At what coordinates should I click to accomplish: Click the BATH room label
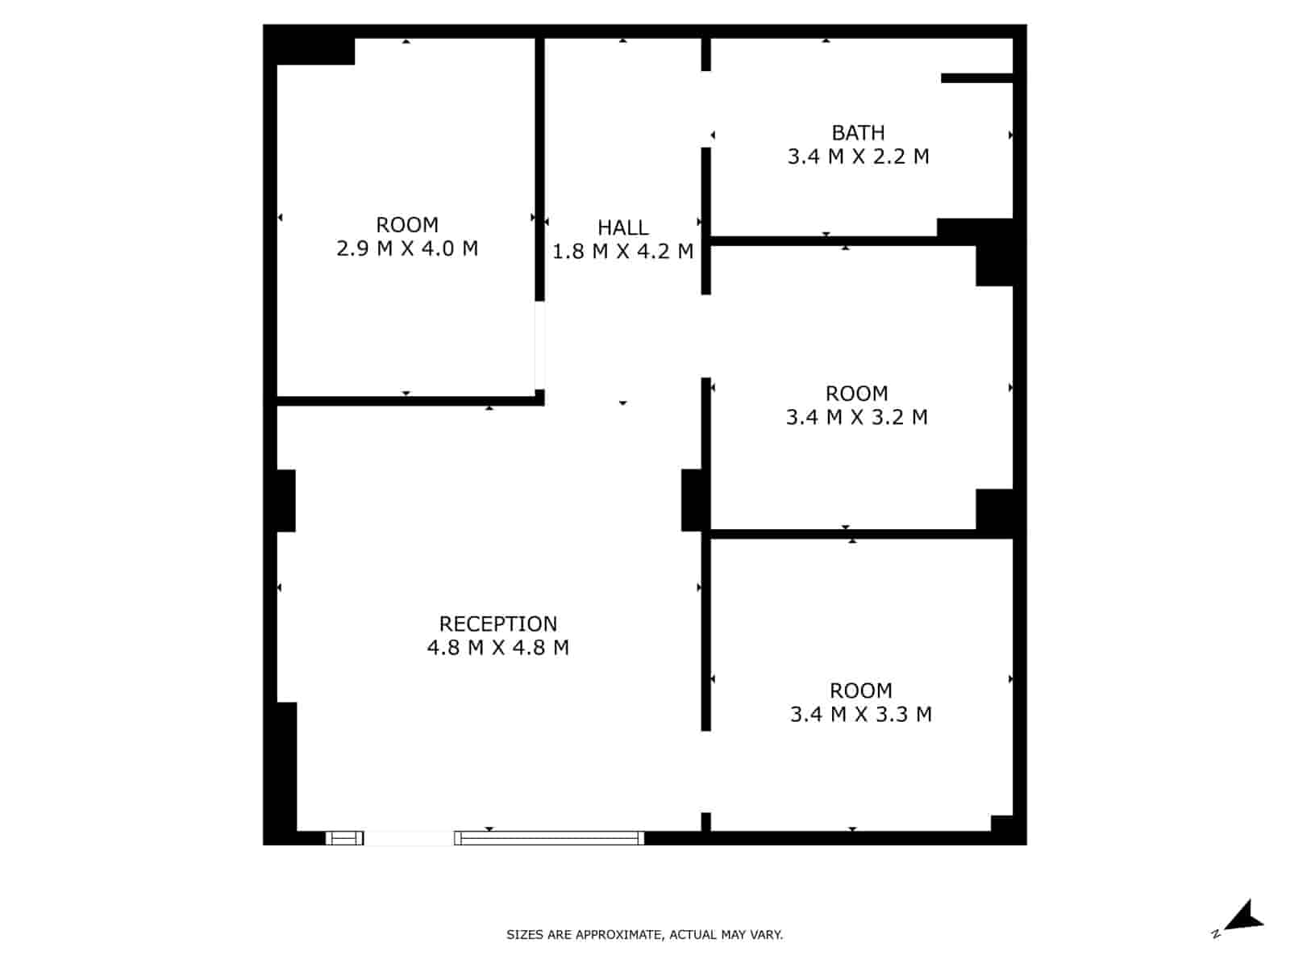click(858, 132)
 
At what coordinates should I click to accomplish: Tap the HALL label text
click(622, 227)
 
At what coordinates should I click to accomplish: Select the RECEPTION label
click(497, 624)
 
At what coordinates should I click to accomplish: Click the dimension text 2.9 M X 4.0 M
click(407, 248)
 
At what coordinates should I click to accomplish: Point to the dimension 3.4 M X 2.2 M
click(858, 156)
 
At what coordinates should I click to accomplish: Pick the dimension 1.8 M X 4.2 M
click(622, 252)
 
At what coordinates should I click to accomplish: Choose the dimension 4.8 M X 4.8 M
click(497, 648)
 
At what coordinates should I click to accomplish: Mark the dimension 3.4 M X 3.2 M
click(856, 417)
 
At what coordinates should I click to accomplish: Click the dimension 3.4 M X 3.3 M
click(860, 715)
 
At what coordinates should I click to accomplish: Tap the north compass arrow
click(1244, 918)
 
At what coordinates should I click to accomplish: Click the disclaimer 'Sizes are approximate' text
click(644, 935)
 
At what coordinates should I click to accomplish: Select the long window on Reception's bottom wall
click(549, 838)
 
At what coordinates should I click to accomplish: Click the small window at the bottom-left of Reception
click(344, 838)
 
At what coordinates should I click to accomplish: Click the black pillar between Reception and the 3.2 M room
click(694, 500)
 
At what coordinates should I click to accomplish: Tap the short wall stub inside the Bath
click(976, 78)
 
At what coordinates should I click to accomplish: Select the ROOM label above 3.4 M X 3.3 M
click(860, 691)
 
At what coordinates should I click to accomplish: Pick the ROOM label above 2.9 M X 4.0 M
click(407, 224)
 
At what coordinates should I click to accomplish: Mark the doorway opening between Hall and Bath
click(706, 109)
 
